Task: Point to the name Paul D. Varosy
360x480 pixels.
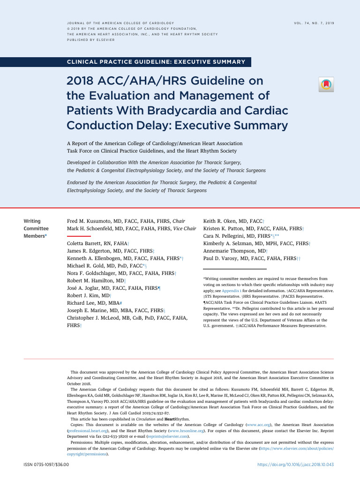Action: tap(224, 258)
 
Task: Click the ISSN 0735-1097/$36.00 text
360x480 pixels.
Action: tap(46, 465)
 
